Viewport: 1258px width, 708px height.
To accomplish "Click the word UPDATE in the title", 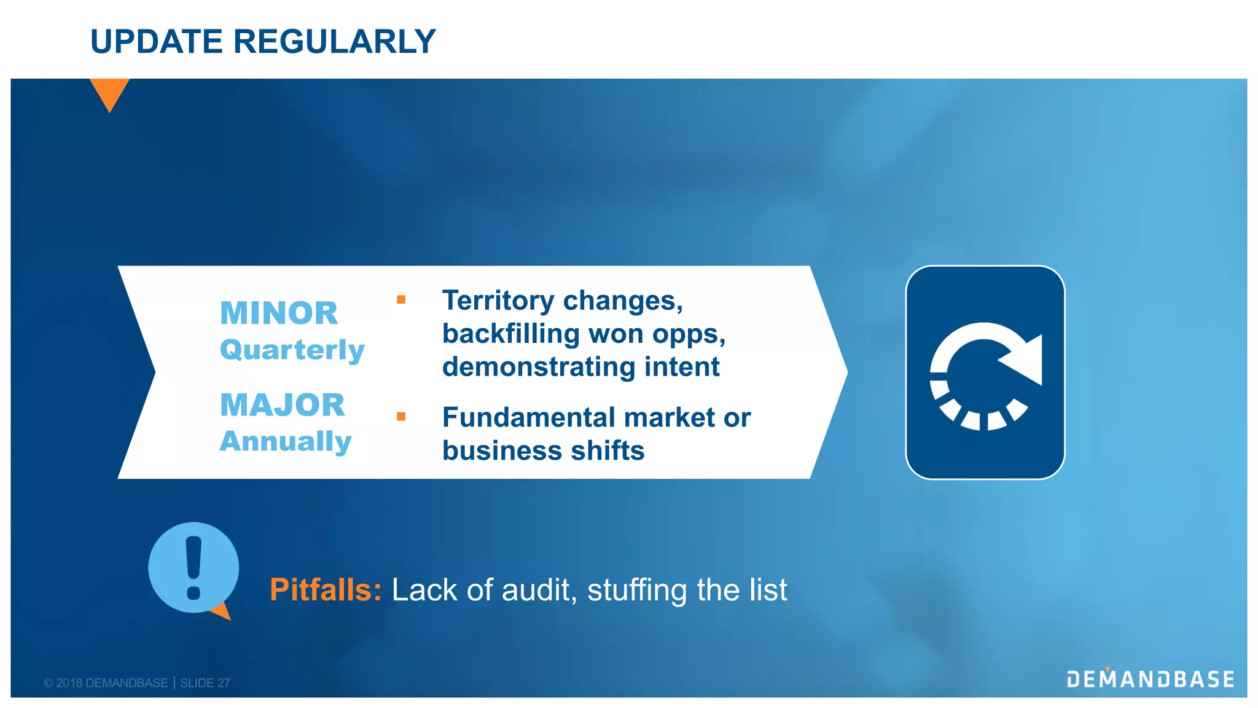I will (x=156, y=42).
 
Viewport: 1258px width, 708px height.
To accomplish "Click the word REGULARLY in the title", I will (x=334, y=42).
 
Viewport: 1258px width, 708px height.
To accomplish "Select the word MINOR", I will (x=279, y=313).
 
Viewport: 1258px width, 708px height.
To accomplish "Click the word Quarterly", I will (x=292, y=350).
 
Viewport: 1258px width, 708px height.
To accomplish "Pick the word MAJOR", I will (x=282, y=405).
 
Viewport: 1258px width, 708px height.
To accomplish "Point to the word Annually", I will (x=286, y=441).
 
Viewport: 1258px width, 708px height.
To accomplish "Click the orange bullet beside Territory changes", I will (x=401, y=300).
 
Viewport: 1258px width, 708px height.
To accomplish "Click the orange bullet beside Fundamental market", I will (x=401, y=417).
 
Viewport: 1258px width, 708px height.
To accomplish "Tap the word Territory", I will (x=498, y=301).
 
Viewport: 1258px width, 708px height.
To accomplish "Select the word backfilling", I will (x=510, y=334).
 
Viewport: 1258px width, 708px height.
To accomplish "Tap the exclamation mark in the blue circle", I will (x=193, y=567).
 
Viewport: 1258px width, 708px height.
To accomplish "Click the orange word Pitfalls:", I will (x=326, y=590).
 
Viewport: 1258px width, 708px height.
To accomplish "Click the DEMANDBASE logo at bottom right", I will (x=1151, y=679).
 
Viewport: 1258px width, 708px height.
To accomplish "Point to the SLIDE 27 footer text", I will (x=205, y=683).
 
